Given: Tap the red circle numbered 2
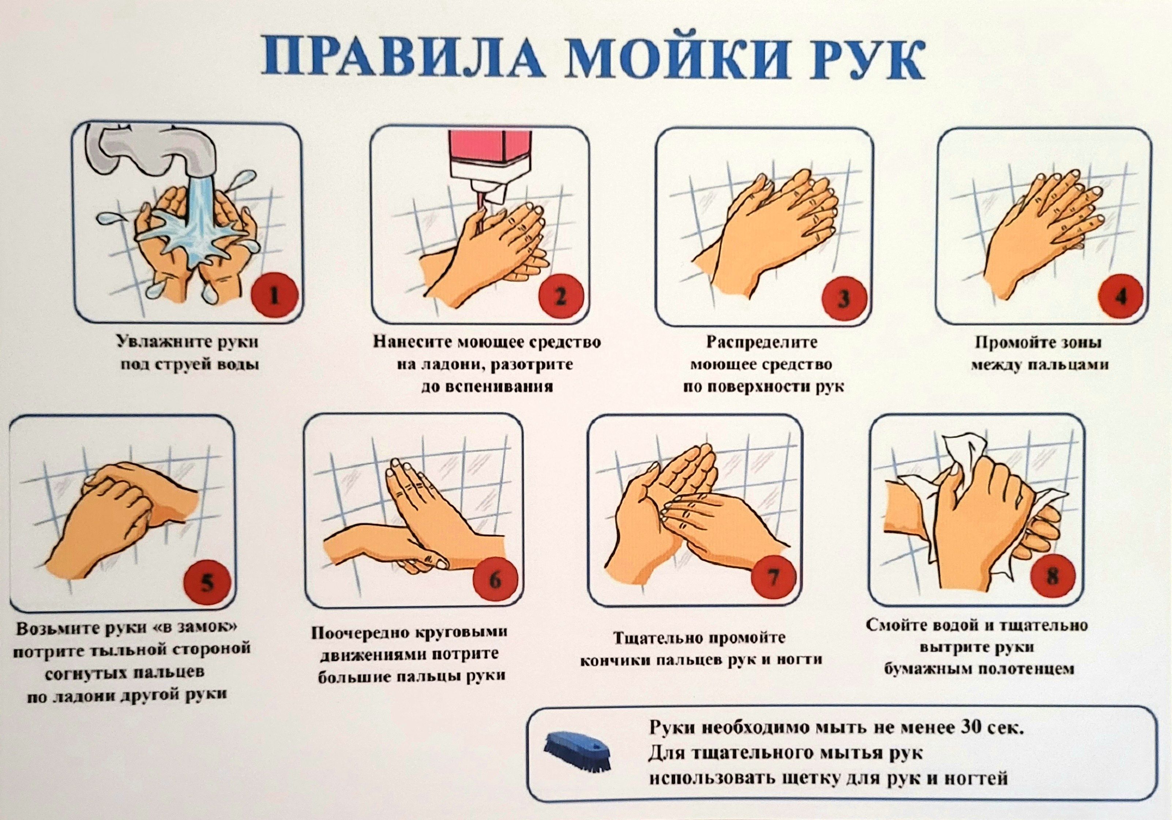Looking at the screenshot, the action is click(560, 296).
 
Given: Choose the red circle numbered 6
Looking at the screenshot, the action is click(495, 579).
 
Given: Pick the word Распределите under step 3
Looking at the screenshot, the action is click(762, 342).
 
